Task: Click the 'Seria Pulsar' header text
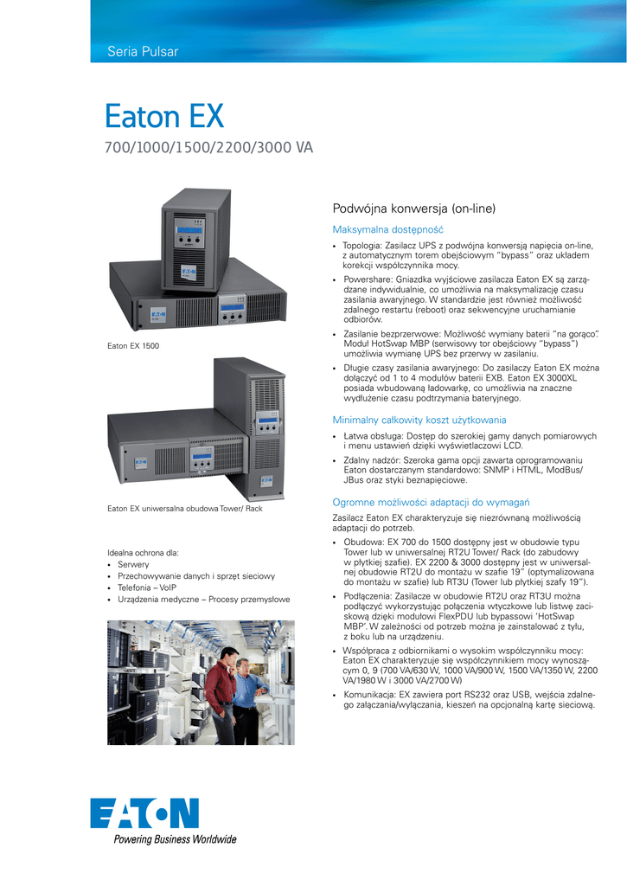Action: point(142,52)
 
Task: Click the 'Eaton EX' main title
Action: point(163,116)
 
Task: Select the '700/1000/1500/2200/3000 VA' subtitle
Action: point(208,148)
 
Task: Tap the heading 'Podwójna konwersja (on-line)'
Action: point(414,209)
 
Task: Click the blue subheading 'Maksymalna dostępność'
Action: point(387,229)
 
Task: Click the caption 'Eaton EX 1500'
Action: point(133,346)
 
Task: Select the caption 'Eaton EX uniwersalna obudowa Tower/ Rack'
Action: point(184,508)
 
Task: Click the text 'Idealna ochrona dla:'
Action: point(143,552)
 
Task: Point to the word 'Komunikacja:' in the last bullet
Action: point(370,695)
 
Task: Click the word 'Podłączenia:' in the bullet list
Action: point(369,596)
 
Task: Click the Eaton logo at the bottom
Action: point(144,812)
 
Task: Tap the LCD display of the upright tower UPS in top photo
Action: point(189,235)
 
